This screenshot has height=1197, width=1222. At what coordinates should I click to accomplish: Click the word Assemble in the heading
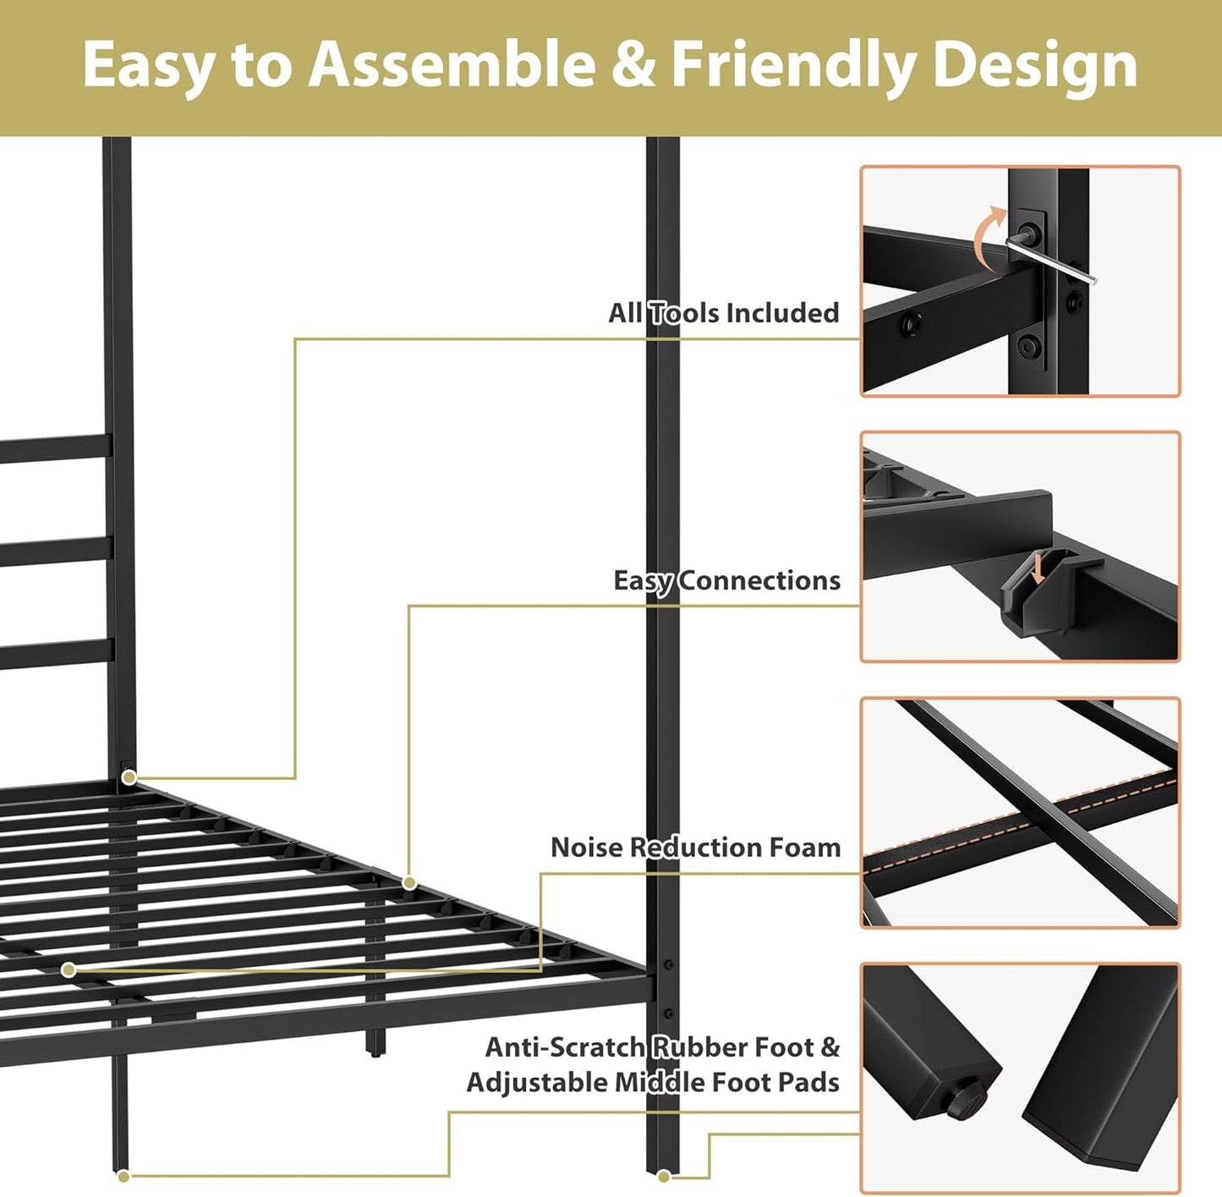click(452, 64)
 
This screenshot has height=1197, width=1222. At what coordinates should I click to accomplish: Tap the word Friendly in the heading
click(793, 66)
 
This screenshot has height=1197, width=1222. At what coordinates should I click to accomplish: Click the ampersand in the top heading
click(633, 65)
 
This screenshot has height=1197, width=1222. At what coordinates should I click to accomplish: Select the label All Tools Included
click(724, 313)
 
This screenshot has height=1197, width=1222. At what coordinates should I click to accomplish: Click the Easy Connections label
click(727, 580)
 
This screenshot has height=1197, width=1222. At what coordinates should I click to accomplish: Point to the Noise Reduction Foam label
click(695, 847)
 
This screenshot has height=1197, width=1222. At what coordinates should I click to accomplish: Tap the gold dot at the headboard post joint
click(129, 777)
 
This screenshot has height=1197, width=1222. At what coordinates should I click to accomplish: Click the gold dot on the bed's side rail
click(409, 882)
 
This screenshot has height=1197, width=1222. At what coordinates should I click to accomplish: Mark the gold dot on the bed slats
click(68, 969)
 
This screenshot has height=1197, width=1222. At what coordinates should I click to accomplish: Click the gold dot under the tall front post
click(664, 1176)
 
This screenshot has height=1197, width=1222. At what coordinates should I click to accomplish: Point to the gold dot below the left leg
click(123, 1176)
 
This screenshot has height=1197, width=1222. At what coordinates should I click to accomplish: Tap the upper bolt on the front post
click(668, 964)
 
